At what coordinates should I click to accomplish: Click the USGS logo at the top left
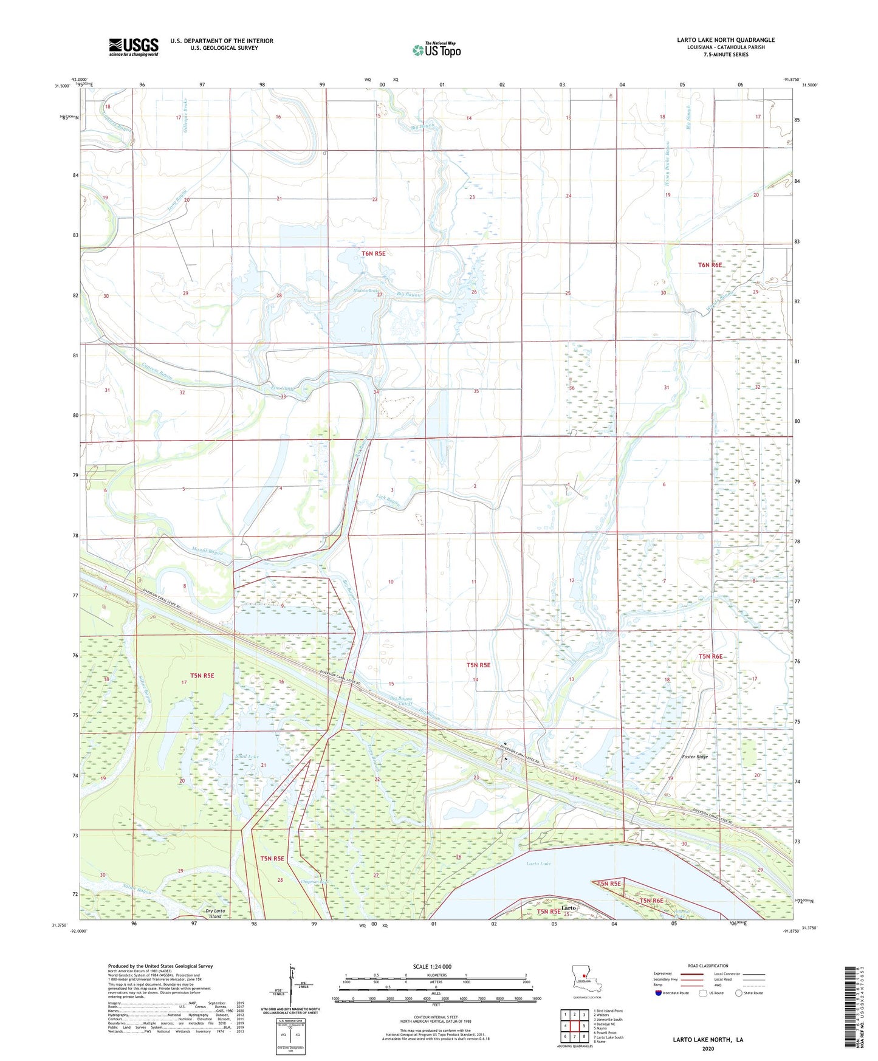point(134,47)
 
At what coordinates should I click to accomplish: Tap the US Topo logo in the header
point(436,50)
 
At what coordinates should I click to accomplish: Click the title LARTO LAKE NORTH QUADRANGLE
point(725,40)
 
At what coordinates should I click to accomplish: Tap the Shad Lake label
point(247,757)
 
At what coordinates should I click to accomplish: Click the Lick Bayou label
point(388,502)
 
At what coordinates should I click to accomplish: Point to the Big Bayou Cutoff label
point(402,703)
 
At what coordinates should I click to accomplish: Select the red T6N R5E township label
point(373,253)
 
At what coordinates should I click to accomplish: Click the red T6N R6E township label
point(710,265)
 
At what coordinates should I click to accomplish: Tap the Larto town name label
point(568,907)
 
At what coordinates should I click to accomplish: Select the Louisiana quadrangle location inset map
point(586,980)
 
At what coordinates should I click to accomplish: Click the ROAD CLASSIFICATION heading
point(708,966)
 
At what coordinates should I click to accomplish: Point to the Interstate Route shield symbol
point(659,993)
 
